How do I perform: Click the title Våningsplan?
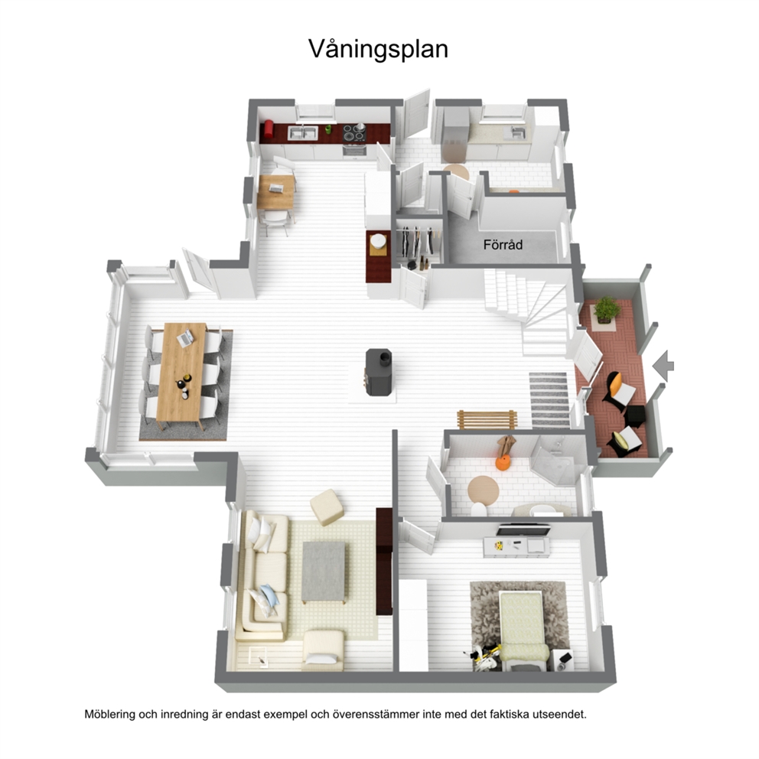coord(378,50)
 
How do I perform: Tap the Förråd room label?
coord(503,245)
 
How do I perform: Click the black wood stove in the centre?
coord(378,372)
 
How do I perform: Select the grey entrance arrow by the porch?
coord(663,366)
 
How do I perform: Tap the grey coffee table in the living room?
coord(324,572)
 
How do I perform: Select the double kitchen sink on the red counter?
coord(302,133)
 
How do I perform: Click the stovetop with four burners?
coord(353,133)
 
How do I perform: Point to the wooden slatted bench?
coord(487,420)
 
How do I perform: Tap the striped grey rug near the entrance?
coord(549,399)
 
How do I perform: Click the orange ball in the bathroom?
coord(503,462)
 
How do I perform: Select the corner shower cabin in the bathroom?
coord(557,461)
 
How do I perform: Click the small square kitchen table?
coord(275,192)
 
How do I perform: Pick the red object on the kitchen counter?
coord(268,130)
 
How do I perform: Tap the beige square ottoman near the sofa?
coord(327,507)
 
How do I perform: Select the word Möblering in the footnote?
coord(110,715)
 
